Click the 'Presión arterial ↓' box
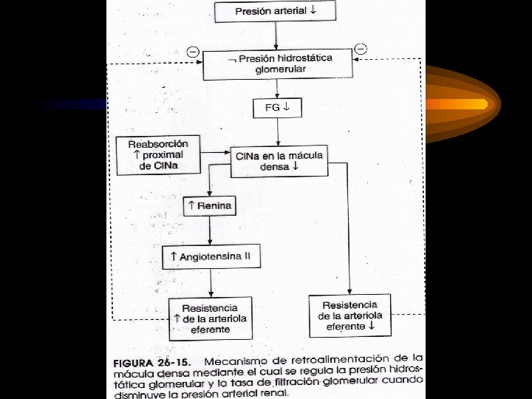(274, 11)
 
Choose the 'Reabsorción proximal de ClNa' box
(157, 154)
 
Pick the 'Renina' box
(210, 205)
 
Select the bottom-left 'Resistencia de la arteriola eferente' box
(211, 318)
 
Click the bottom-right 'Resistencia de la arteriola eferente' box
(350, 315)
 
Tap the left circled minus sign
(193, 52)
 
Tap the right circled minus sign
(361, 49)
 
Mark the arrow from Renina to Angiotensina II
(210, 231)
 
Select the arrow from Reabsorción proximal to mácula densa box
(214, 153)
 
